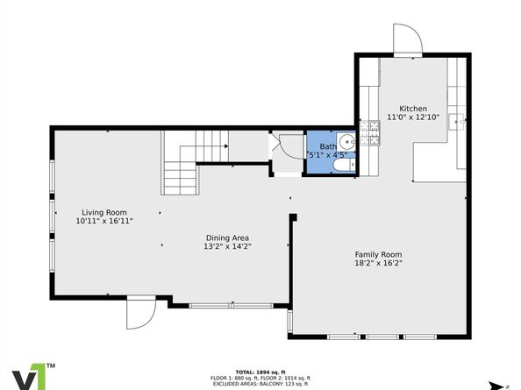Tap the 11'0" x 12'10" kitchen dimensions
(412, 117)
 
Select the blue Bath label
(326, 146)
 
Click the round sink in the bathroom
(346, 140)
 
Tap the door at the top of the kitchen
(408, 39)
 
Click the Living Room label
(104, 212)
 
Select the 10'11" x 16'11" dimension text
(104, 222)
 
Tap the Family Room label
(378, 253)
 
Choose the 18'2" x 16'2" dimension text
(378, 263)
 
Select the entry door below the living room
(140, 313)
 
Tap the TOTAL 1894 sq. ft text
(260, 372)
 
